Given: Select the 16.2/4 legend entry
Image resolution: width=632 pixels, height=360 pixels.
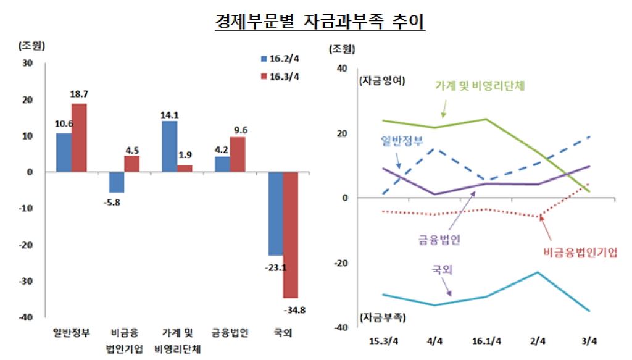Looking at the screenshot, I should [x=280, y=59].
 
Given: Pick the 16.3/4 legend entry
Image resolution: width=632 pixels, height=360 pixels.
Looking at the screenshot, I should [x=280, y=77].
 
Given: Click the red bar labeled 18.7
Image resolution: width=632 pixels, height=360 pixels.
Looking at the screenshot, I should [x=79, y=138].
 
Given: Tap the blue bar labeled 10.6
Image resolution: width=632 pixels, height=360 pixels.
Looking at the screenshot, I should [x=64, y=153].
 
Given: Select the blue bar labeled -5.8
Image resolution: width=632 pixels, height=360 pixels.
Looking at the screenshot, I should [x=117, y=182].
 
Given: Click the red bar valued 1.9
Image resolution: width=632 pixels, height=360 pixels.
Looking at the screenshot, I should [x=185, y=169].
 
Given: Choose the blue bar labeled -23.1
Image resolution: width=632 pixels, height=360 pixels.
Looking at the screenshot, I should [x=275, y=214].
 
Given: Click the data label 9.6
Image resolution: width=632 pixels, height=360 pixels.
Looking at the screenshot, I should [x=238, y=130].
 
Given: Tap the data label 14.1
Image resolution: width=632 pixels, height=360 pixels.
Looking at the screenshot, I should [x=169, y=114].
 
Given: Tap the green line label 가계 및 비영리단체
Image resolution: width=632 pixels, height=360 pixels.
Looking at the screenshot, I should [x=480, y=86].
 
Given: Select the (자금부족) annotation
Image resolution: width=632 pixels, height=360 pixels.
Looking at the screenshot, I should [x=382, y=317].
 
